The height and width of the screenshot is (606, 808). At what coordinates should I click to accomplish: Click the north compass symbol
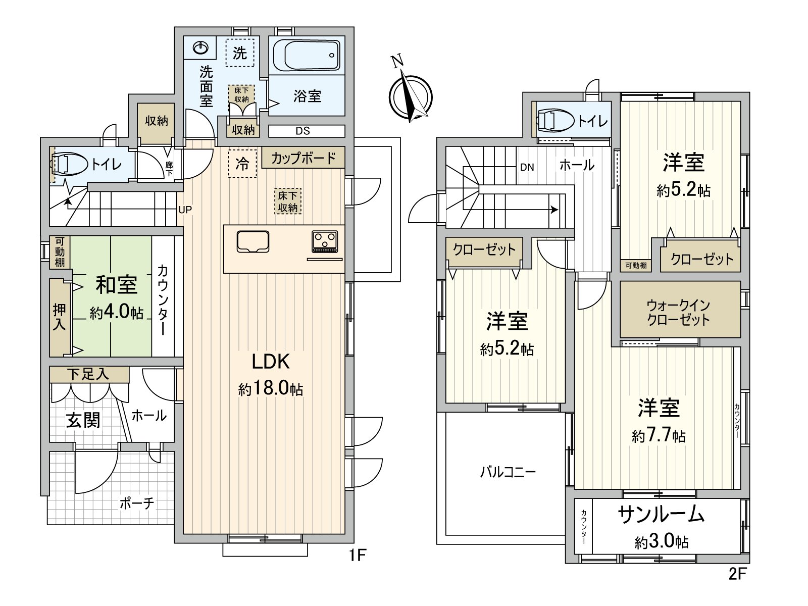coord(411,96)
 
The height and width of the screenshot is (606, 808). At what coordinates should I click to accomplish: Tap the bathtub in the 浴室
coord(307,56)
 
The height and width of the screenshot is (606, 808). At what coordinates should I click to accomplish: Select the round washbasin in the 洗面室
coord(201,48)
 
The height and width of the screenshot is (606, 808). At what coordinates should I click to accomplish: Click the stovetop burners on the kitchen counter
coord(325,241)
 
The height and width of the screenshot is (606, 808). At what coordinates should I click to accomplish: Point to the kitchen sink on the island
coord(252,241)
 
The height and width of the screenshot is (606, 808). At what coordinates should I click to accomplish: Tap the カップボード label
coord(303,158)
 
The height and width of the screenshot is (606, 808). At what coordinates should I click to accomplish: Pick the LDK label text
coord(271,362)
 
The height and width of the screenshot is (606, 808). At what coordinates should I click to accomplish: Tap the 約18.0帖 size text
coord(271,389)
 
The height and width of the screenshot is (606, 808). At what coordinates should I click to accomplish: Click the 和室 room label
coord(117,285)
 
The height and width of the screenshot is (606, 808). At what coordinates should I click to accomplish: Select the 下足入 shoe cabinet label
coord(88,374)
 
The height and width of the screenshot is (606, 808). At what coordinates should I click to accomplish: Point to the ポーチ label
coord(137,503)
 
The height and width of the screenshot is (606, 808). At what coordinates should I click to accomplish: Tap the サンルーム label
coord(661,515)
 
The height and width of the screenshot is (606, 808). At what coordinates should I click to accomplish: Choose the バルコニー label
coord(508,473)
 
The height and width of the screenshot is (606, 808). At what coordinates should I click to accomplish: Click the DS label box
coord(303,131)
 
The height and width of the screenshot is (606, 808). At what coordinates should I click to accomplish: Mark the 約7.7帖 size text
coord(659,435)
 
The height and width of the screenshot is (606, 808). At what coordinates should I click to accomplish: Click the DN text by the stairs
coord(527,167)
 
